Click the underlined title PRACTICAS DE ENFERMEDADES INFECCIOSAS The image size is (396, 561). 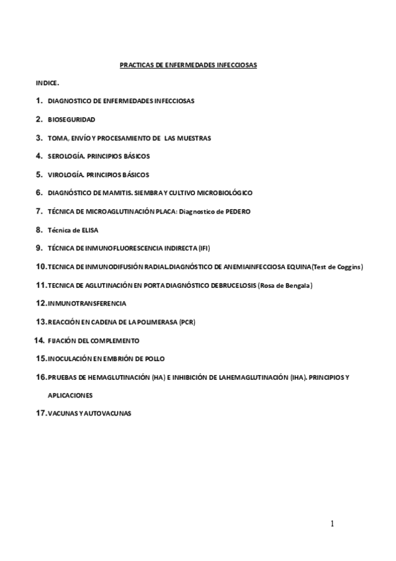[188, 65]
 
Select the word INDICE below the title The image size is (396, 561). [47, 84]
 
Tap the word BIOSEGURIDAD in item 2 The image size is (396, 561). [71, 119]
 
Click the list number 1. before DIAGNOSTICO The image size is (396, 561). [39, 101]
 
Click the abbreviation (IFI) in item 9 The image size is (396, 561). [204, 248]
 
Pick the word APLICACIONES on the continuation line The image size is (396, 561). [70, 395]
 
